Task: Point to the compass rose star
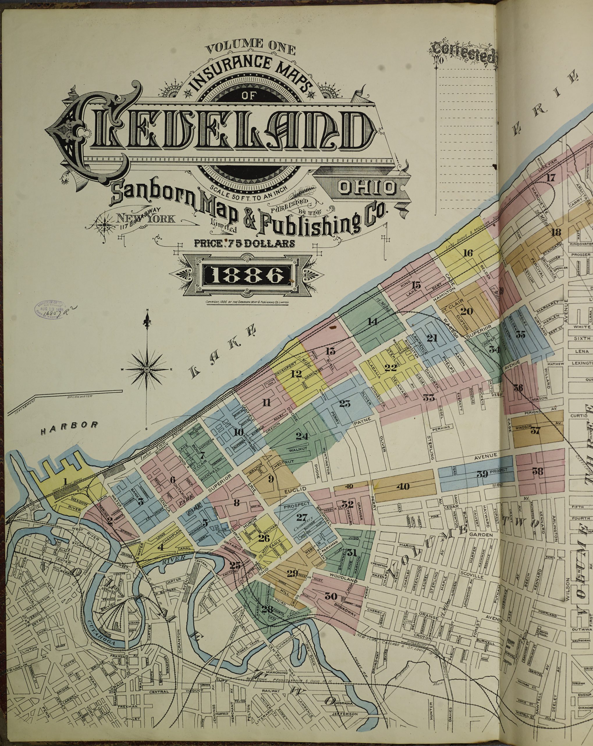tap(147, 370)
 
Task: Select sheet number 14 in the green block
tap(372, 322)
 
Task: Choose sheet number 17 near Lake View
tap(551, 177)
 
